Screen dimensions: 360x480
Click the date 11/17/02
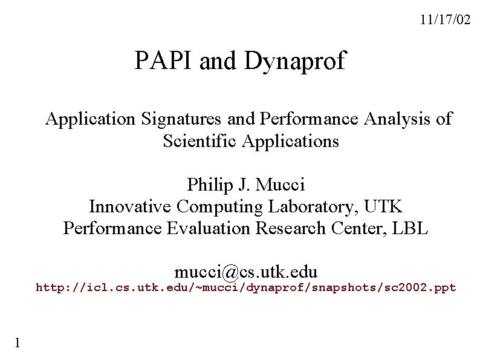(x=444, y=20)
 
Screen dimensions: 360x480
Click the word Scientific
(x=200, y=142)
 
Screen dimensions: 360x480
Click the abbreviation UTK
(x=383, y=206)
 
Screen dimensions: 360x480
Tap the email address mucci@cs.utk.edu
(x=246, y=270)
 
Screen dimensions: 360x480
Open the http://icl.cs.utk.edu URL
(x=246, y=287)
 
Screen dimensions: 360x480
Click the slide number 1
(x=18, y=343)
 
